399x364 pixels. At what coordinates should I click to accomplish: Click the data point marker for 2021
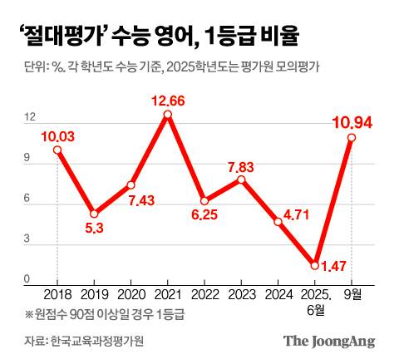pyautogui.click(x=168, y=116)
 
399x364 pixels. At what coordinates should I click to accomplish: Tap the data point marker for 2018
pyautogui.click(x=57, y=150)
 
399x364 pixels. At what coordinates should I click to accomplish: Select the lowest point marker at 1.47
pyautogui.click(x=315, y=265)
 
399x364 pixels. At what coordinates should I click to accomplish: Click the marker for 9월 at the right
pyautogui.click(x=352, y=138)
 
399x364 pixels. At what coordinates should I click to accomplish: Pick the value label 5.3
pyautogui.click(x=95, y=228)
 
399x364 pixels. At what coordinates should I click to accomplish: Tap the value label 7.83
pyautogui.click(x=241, y=166)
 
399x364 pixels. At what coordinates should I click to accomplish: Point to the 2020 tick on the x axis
pyautogui.click(x=131, y=293)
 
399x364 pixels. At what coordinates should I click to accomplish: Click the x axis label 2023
pyautogui.click(x=241, y=293)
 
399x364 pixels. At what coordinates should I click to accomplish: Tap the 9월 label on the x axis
pyautogui.click(x=352, y=293)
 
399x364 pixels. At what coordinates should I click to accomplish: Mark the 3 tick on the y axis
pyautogui.click(x=29, y=239)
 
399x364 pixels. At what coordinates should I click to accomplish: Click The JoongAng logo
pyautogui.click(x=330, y=341)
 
